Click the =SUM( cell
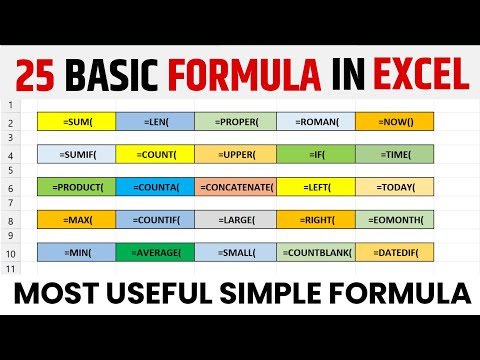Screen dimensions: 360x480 coord(76,122)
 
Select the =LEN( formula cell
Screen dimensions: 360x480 coord(155,122)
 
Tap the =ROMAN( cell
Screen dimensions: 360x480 coord(315,122)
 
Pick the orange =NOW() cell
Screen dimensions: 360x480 coord(394,122)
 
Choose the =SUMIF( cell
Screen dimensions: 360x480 coord(76,154)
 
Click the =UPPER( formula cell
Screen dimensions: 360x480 coord(235,154)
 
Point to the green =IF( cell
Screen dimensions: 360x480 coord(315,154)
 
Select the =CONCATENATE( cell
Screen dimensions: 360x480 coord(235,187)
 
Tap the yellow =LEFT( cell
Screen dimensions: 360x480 coord(315,187)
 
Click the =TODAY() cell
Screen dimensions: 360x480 coord(394,187)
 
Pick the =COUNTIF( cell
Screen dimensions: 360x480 coord(155,219)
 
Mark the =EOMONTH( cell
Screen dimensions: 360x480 coord(394,219)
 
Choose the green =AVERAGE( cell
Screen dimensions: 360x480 coord(155,252)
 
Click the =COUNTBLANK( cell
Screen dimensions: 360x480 coord(315,252)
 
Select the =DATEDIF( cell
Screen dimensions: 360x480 coord(394,252)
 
